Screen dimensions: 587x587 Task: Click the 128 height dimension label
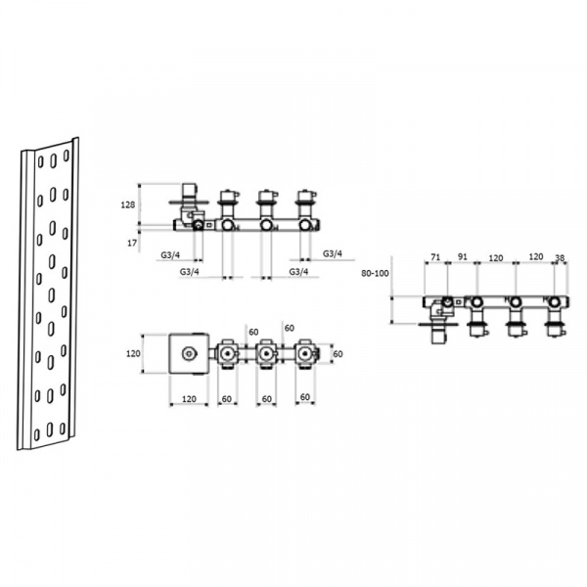pos(127,204)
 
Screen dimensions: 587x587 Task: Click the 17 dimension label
pos(132,243)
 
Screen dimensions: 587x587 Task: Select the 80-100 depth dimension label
pos(375,273)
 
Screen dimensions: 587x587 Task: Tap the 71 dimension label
pos(434,257)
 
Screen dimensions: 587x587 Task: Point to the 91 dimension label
pos(463,256)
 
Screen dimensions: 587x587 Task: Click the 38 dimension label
pos(560,257)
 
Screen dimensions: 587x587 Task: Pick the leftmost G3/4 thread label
pos(170,255)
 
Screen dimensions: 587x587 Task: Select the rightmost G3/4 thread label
pos(333,253)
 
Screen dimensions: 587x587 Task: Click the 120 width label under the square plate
pos(189,399)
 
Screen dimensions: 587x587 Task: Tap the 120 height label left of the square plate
pos(133,353)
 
